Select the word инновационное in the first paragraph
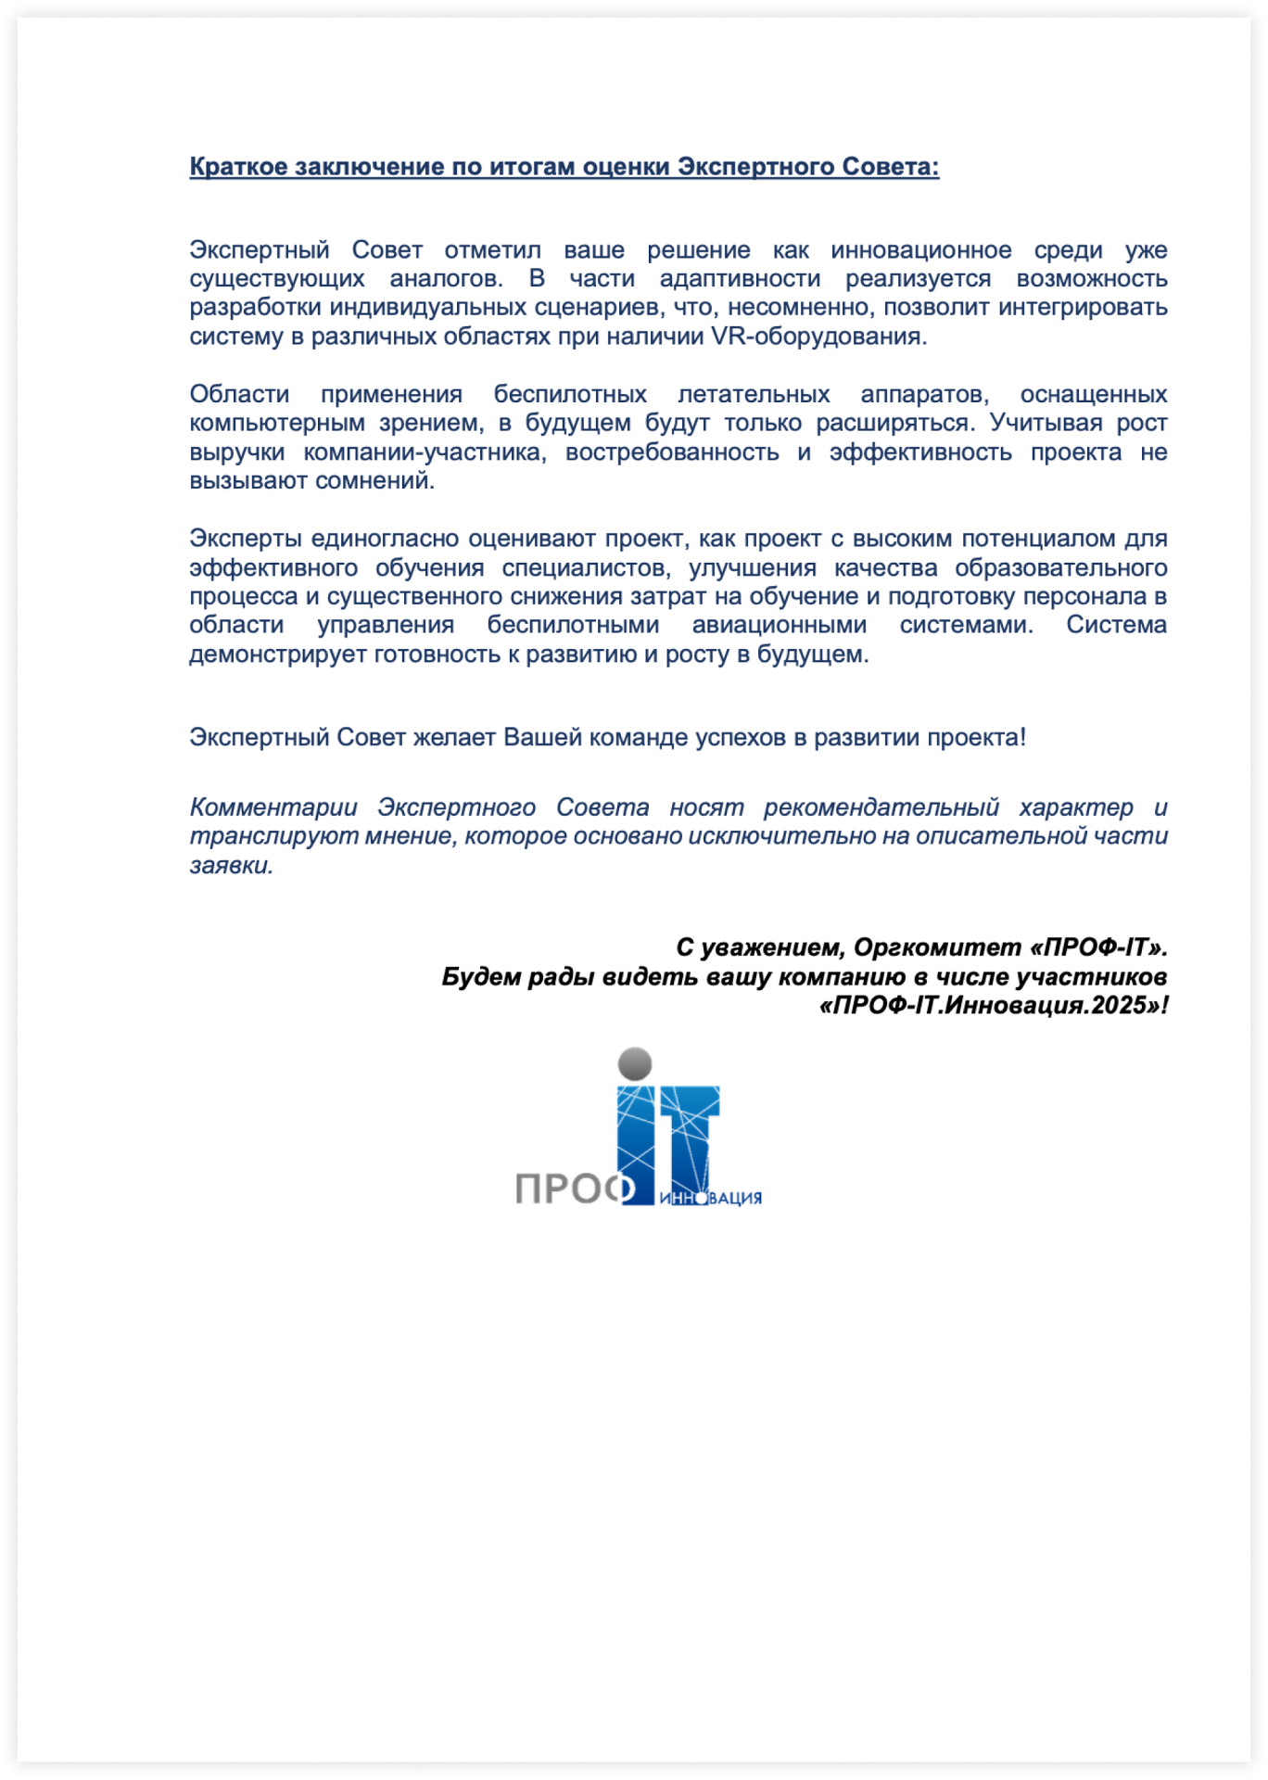pos(920,250)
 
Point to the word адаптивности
pos(740,279)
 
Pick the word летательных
pos(754,395)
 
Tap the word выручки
pos(236,452)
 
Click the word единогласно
pos(386,539)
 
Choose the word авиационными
pos(779,626)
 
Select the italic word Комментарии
pos(273,807)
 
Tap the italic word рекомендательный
pos(881,807)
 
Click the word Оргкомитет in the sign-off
pos(936,948)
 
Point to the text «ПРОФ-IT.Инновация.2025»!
pos(993,1006)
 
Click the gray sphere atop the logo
pos(635,1063)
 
